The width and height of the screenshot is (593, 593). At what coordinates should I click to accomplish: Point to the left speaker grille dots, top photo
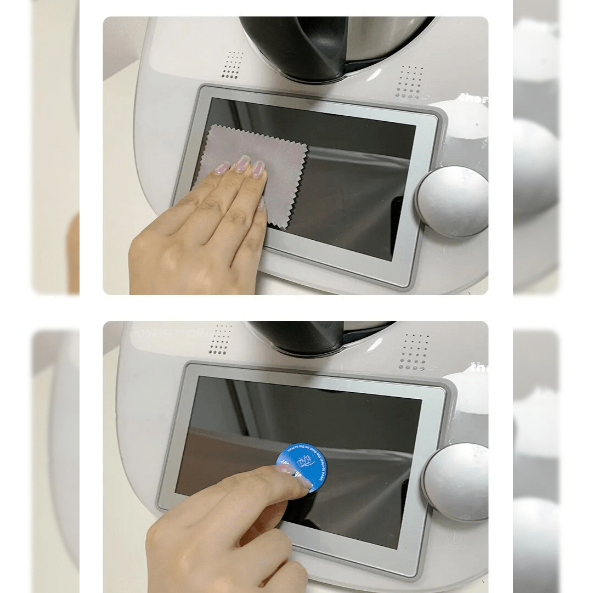(233, 65)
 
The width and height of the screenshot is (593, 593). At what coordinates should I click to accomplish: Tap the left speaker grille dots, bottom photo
(221, 339)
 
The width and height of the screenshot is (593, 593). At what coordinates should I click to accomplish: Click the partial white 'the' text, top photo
(475, 99)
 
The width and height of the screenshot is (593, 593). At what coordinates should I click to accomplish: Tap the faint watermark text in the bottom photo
(165, 333)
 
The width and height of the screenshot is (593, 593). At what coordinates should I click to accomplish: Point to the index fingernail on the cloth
(258, 168)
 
